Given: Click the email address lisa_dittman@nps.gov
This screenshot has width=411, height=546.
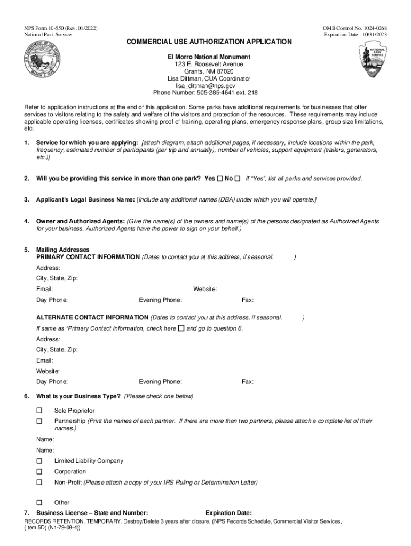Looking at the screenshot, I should click(205, 85).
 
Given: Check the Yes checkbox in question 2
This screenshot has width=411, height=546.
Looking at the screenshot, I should click(220, 179).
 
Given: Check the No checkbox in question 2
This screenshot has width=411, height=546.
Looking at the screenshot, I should click(238, 179).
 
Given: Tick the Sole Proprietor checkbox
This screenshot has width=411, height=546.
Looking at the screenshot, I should click(39, 411).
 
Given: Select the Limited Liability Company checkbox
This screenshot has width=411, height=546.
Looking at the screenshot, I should click(39, 461).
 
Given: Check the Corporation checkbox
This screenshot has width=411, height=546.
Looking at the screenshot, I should click(39, 472).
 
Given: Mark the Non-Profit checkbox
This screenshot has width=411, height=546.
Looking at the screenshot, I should click(39, 483).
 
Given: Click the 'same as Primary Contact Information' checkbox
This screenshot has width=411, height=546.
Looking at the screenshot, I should click(181, 328).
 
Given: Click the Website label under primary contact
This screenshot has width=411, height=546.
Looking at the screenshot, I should click(205, 289).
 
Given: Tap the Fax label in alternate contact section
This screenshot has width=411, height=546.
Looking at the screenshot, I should click(248, 382).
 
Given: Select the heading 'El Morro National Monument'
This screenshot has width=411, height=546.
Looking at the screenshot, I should click(205, 57).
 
